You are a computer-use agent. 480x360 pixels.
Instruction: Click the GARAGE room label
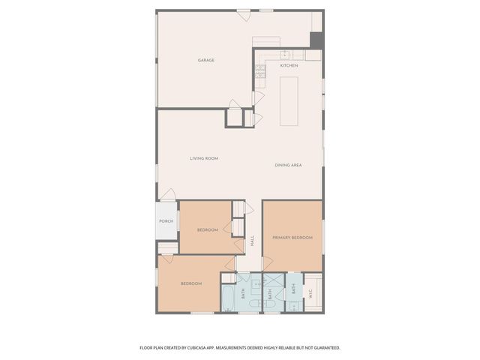(x=206, y=60)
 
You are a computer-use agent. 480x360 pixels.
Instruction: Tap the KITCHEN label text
(x=289, y=66)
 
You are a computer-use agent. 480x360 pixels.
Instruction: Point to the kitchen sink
(x=286, y=54)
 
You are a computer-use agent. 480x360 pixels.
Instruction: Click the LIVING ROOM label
(x=203, y=158)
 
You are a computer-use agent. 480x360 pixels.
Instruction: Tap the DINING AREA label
(x=288, y=165)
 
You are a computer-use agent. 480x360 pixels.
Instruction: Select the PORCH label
(x=166, y=221)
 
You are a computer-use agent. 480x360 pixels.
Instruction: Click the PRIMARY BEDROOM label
(x=292, y=237)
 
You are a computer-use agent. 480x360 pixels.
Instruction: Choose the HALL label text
(x=253, y=241)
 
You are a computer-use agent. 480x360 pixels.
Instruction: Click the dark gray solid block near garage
(x=317, y=40)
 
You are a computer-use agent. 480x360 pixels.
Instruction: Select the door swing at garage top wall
(x=243, y=13)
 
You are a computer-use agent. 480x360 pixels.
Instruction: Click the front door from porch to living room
(x=168, y=195)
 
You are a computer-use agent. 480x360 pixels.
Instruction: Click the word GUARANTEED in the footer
(x=324, y=348)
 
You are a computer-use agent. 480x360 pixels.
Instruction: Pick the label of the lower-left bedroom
(x=190, y=283)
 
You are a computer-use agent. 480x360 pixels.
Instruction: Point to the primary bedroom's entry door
(x=267, y=263)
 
